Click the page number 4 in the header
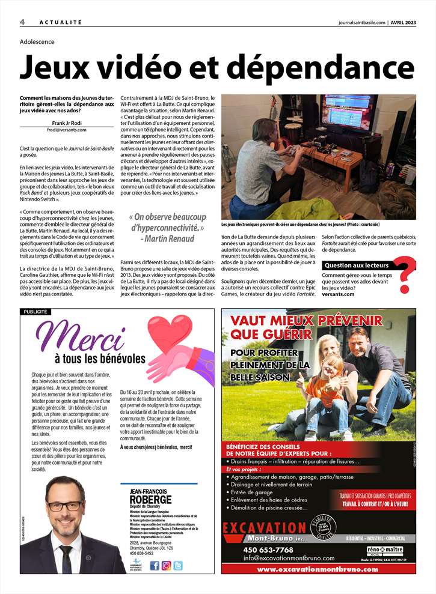[22, 22]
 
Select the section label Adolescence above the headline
[37, 42]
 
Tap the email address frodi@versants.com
[66, 130]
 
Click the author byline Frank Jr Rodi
[66, 123]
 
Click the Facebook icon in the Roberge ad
[155, 565]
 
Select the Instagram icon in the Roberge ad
[166, 565]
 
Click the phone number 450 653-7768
[268, 550]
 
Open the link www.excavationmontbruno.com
[318, 569]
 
